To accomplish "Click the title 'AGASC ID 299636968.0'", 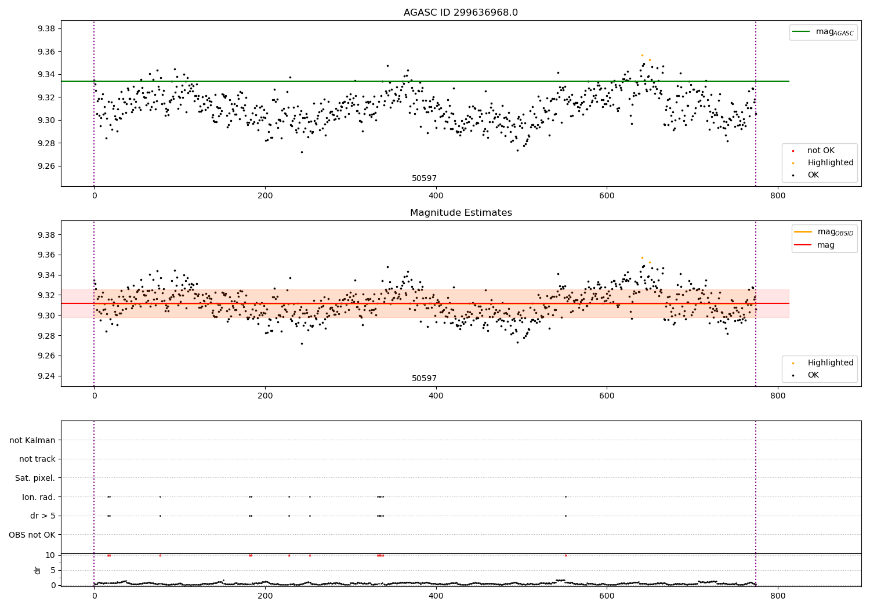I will point(461,13).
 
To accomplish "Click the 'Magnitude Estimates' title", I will point(461,213).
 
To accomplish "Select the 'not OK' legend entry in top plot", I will point(820,151).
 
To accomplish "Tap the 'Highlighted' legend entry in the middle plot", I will point(830,363).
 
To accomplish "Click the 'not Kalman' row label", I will point(32,440).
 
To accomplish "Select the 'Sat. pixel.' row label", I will point(35,478).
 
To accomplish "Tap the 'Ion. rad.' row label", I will point(38,497).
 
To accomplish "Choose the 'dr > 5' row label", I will point(42,516).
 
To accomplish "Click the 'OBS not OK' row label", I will point(32,535).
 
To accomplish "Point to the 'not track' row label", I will point(37,459).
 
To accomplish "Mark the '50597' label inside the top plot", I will point(424,179).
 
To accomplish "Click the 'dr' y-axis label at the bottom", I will point(38,570).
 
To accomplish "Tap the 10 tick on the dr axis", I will point(50,555).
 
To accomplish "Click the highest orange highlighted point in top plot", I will point(641,55).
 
